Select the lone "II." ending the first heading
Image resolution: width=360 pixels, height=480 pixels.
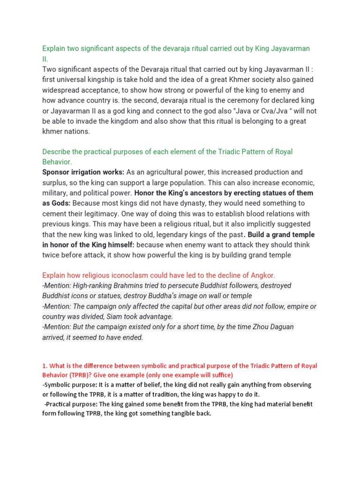45,59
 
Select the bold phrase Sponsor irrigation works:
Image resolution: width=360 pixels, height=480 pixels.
83,172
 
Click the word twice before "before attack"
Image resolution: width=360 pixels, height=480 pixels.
52,255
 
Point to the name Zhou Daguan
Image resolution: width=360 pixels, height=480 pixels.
272,327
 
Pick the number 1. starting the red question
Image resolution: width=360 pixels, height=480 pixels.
45,366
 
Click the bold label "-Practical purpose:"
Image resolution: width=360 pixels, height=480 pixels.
72,404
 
